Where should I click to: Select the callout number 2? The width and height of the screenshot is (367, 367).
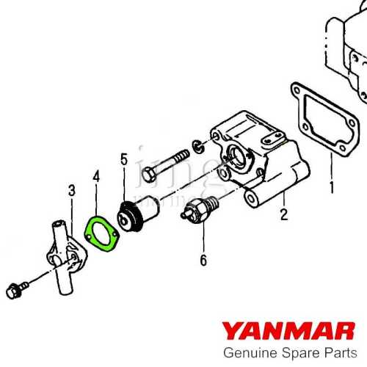tap(283, 215)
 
